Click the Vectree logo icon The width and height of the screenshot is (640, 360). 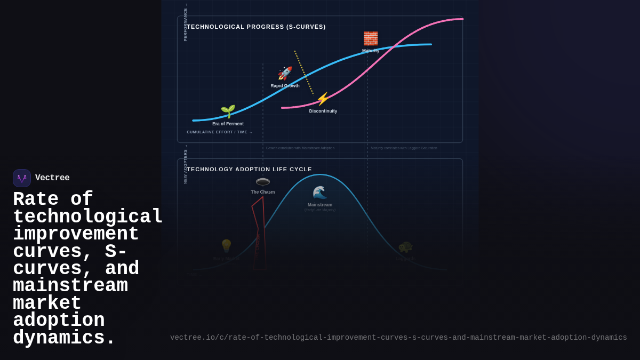coord(22,178)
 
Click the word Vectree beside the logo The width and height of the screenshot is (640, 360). coord(52,178)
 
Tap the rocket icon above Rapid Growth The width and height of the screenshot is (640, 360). coord(285,74)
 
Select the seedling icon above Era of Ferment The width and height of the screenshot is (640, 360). coord(228,111)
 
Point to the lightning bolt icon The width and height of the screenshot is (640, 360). coord(323,99)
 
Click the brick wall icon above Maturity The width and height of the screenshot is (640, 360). coord(371,38)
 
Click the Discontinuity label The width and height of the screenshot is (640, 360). coord(323,111)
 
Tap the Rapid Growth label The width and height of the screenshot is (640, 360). coord(285,86)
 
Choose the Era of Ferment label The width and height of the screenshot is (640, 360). coord(228,124)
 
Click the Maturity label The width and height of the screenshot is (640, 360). coord(371,51)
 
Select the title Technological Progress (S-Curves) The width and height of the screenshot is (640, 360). coord(256,27)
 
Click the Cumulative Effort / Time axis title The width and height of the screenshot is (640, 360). coord(218,132)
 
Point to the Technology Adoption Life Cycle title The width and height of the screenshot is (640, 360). coord(249,169)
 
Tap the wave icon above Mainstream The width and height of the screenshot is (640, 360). coord(319,193)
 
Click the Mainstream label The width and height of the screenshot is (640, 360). coord(320,205)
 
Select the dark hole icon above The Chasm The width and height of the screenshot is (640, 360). coord(263,182)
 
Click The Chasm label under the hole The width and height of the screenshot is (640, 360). coord(263,192)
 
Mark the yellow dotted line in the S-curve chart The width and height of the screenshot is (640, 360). coord(304,73)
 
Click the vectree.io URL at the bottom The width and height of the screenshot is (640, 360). coord(398,338)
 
